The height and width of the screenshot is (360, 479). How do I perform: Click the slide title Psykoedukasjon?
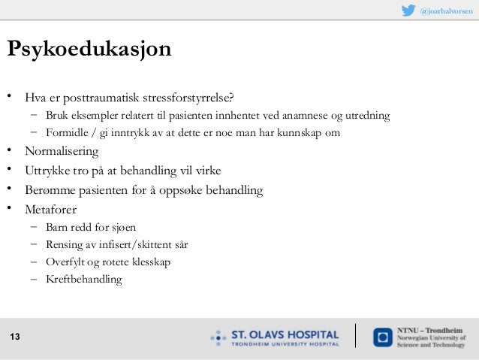[89, 50]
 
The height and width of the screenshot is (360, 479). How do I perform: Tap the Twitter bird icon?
[408, 11]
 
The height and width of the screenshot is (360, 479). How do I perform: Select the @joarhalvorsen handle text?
[446, 11]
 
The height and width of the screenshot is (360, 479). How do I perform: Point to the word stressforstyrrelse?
[194, 98]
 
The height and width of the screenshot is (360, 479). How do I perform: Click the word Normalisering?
[62, 152]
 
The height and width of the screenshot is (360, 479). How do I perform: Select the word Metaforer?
[50, 209]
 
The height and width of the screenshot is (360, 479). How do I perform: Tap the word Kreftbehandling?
[83, 280]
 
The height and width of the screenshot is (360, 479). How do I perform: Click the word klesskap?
[151, 262]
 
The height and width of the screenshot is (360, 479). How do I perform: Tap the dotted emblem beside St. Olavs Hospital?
[218, 337]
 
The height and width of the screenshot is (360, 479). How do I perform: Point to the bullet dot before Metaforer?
[10, 208]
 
